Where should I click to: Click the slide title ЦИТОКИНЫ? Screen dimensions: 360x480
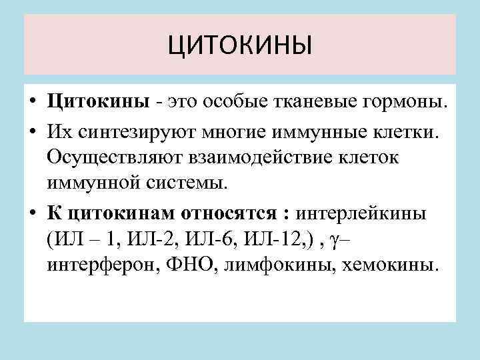point(239,47)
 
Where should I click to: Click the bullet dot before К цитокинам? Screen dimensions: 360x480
point(32,213)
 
